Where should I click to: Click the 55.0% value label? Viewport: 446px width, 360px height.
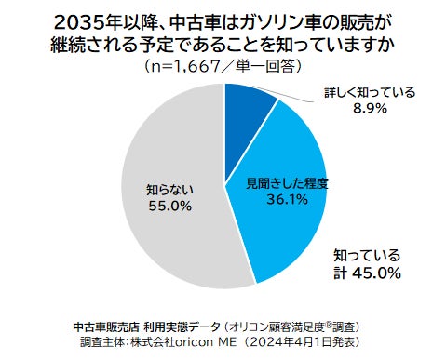click(169, 203)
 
